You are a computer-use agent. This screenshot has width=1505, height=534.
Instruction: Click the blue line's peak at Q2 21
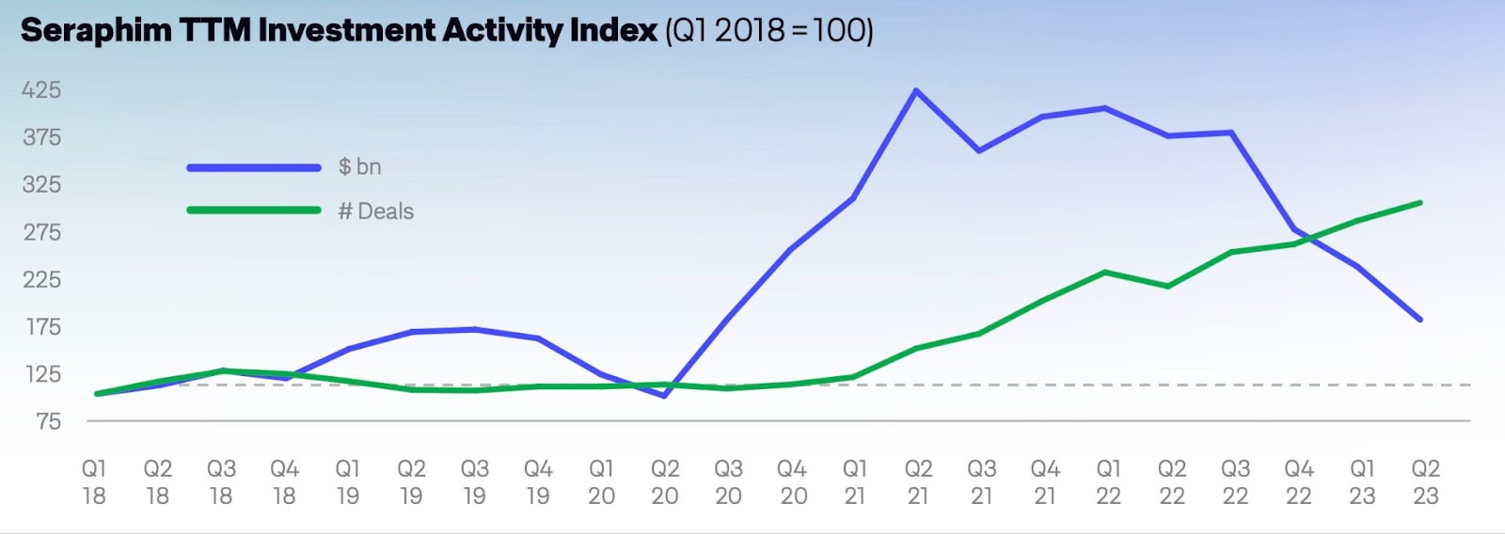click(x=916, y=91)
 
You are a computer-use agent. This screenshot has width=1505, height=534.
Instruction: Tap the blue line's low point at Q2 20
click(x=665, y=396)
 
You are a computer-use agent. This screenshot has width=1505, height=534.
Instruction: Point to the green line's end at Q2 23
click(x=1419, y=203)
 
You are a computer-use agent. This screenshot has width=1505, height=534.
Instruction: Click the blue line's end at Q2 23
click(x=1419, y=320)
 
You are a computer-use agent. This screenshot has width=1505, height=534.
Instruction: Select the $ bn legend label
click(x=359, y=167)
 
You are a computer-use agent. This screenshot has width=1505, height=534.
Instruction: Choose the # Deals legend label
click(x=376, y=212)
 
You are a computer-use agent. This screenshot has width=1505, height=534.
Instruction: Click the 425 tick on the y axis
click(x=41, y=90)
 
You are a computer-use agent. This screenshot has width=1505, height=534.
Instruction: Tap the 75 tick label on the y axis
click(x=48, y=421)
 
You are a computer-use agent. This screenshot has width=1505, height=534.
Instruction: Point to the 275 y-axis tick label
click(x=42, y=232)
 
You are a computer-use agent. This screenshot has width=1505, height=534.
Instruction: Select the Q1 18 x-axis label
click(x=94, y=482)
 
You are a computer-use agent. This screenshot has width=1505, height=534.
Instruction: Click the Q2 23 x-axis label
click(x=1426, y=482)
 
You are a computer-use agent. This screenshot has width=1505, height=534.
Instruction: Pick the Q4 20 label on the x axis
click(x=792, y=482)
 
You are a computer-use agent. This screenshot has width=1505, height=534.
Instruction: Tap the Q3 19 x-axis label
click(x=474, y=482)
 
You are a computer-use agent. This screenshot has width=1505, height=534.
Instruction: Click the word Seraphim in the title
click(x=96, y=31)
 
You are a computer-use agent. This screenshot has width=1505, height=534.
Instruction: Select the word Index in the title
click(x=613, y=31)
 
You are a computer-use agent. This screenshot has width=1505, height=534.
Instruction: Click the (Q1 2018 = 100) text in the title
click(x=769, y=31)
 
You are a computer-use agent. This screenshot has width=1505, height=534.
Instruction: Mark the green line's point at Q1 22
click(x=1106, y=273)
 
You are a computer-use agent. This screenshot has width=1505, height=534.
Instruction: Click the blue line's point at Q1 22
click(x=1106, y=108)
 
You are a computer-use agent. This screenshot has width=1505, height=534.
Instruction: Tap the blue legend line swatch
click(x=254, y=167)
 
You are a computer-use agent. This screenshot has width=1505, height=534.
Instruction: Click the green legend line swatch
click(x=254, y=210)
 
